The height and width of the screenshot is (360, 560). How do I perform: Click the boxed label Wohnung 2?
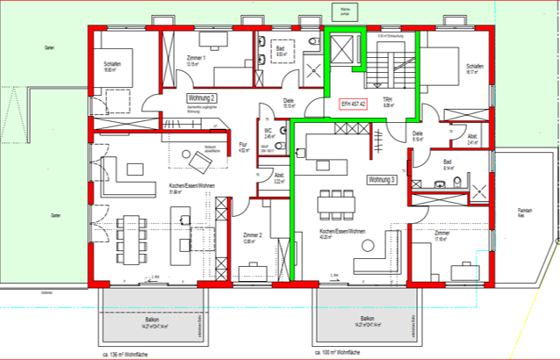[x=201, y=99]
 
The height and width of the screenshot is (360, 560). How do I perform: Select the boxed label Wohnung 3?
[x=382, y=179]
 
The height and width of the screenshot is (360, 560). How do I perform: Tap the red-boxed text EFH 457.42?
[x=351, y=104]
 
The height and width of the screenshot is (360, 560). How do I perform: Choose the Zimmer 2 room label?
[x=250, y=236]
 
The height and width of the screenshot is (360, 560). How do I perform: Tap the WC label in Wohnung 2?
[x=269, y=131]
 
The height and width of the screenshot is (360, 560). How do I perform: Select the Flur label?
[x=245, y=145]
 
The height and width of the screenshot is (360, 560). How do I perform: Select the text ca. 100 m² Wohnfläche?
[x=337, y=352]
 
